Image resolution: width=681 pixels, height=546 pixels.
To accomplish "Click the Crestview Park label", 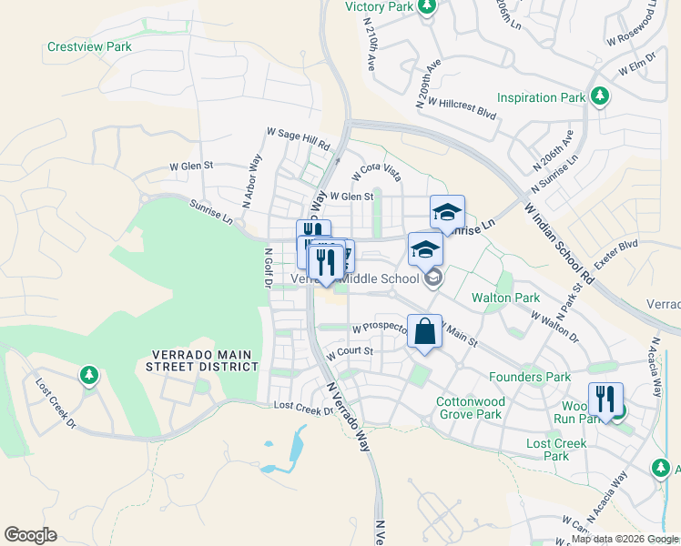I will point(89,46).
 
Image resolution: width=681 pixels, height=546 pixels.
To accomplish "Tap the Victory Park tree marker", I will point(426,7).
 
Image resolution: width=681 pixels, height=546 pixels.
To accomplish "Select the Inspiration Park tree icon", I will point(599,96).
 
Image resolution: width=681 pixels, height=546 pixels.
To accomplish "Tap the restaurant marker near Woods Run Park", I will point(605,399).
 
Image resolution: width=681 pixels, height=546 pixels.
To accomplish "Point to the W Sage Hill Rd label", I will point(298,138).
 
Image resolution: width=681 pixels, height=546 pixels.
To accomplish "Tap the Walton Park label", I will point(505,298).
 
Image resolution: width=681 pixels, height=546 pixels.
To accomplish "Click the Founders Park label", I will point(529,377).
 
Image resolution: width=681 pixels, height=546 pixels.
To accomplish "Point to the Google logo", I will point(30,535).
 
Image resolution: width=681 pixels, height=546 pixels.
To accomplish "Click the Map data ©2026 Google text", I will point(624,539).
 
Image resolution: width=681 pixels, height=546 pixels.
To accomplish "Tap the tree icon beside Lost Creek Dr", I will point(87,374).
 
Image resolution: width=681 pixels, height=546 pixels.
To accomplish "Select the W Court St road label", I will point(350,351).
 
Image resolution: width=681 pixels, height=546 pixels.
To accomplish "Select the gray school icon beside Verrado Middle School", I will point(433,278).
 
